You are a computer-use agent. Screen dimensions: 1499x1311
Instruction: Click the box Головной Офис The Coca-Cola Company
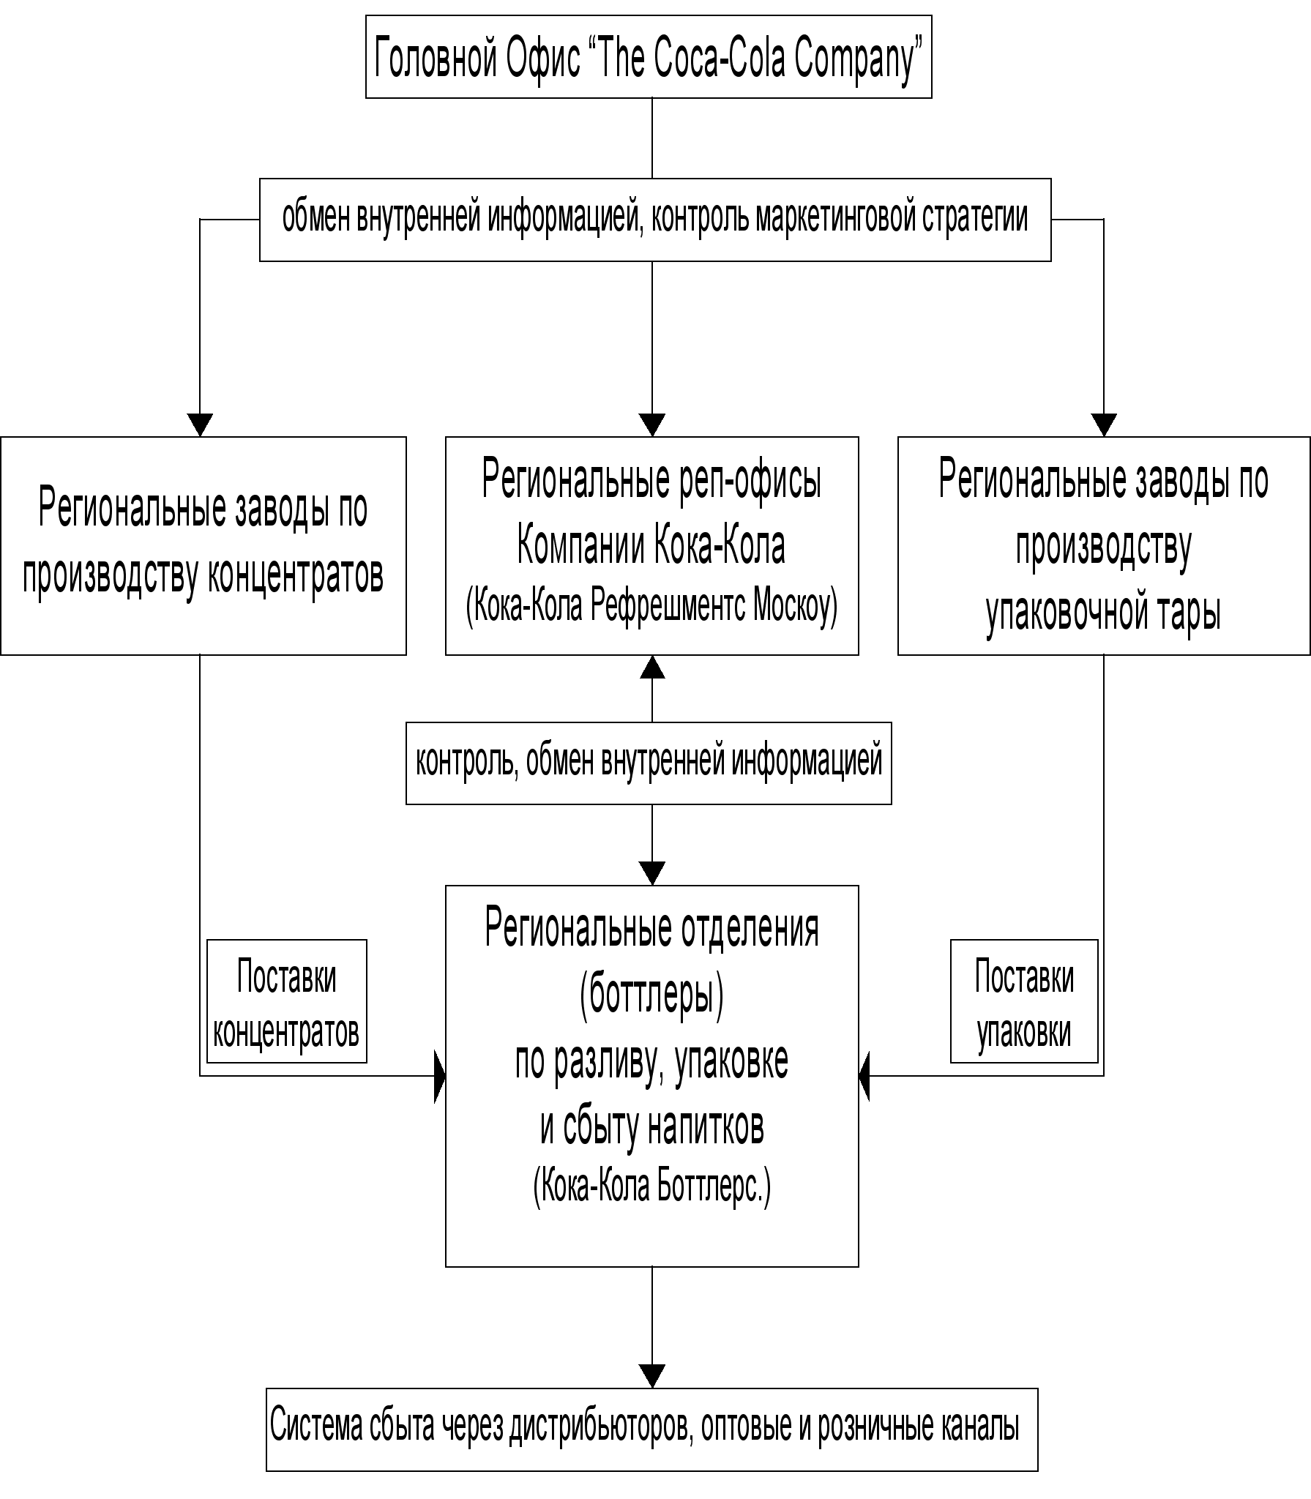(x=649, y=57)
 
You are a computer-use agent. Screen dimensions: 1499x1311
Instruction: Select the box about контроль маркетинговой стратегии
(x=655, y=220)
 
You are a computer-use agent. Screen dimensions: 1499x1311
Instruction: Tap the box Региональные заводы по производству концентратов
(x=203, y=545)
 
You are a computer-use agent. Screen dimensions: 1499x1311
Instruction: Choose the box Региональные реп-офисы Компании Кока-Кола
(x=651, y=545)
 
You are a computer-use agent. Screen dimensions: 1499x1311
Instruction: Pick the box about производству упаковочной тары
(x=1103, y=545)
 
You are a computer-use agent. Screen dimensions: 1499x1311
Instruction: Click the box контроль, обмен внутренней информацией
(x=649, y=763)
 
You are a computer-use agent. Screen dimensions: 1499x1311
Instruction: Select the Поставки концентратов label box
(x=286, y=1001)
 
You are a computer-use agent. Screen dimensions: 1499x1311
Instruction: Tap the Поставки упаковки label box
(x=1024, y=1001)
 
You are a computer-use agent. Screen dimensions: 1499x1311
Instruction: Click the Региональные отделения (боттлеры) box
(x=651, y=1076)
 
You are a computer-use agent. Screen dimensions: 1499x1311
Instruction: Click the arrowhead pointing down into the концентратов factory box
(x=200, y=425)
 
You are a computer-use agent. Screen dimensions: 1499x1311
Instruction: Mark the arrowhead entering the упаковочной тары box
(x=1104, y=425)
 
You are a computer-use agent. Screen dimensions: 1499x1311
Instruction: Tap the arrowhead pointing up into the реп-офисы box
(x=652, y=667)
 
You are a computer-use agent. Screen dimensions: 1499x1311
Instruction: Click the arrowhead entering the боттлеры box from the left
(x=439, y=1076)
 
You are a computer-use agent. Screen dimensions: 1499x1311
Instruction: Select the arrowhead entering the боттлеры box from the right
(x=864, y=1076)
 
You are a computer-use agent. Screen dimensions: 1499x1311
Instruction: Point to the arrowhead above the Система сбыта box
(x=652, y=1375)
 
